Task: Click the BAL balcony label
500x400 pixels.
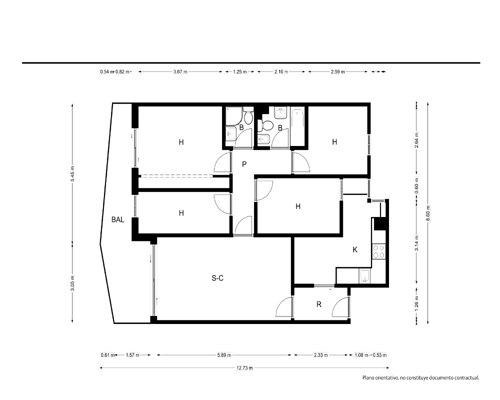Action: point(117,219)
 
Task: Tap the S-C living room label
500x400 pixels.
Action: point(217,278)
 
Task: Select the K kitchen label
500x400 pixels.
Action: point(355,250)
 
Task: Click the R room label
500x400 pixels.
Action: point(319,304)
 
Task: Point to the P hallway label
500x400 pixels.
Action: point(244,164)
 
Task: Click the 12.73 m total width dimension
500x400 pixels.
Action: point(244,368)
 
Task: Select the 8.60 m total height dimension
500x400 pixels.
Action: point(428,212)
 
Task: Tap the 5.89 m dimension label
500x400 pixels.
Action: point(224,355)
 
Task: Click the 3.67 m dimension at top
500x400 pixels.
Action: point(180,72)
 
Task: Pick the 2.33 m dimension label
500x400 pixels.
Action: point(321,355)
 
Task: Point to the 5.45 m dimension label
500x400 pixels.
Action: point(72,174)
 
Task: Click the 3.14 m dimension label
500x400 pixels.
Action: point(416,242)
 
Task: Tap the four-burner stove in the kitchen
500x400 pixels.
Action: point(378,251)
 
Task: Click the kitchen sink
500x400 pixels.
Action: point(364,276)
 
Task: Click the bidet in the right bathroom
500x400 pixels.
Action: point(264,139)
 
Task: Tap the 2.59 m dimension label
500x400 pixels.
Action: point(337,72)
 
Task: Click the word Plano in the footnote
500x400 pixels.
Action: point(368,378)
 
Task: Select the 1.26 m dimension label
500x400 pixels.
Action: point(416,303)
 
